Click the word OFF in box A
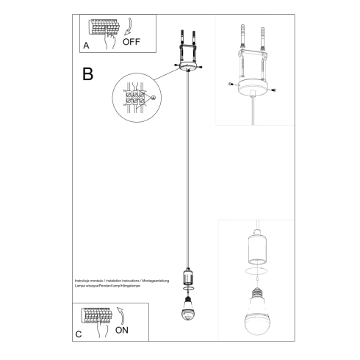coord(131,43)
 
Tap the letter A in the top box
coord(86,45)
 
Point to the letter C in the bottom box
coord(79,334)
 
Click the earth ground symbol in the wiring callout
coord(153,98)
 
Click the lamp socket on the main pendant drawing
coord(187,277)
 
